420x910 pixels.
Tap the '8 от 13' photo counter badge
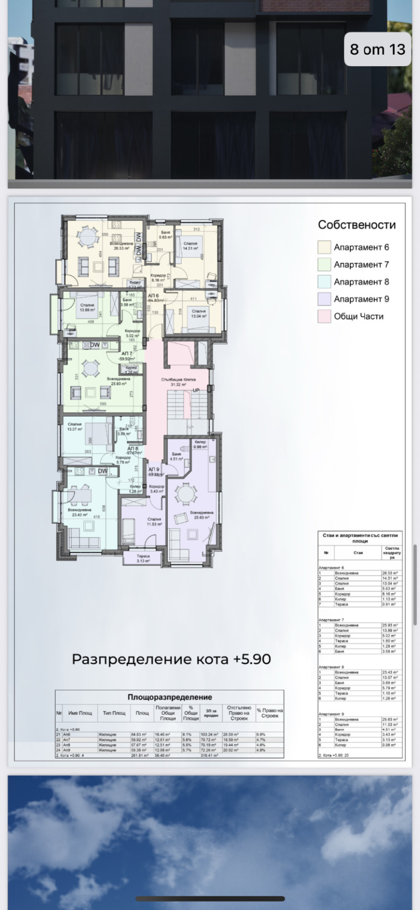click(377, 49)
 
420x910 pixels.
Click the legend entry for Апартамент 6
click(361, 247)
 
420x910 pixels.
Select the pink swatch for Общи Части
click(324, 316)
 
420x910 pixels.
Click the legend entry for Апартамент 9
click(361, 299)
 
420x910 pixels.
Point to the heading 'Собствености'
click(356, 225)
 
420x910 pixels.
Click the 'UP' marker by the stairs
click(196, 390)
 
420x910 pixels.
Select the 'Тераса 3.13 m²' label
click(143, 558)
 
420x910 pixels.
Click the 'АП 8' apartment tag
click(133, 449)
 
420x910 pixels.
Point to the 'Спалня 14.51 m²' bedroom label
click(190, 246)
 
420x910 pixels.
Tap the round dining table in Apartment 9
click(185, 494)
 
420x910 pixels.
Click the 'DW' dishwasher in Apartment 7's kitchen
click(94, 345)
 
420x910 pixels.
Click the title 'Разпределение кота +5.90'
click(171, 659)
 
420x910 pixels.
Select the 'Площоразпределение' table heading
click(170, 697)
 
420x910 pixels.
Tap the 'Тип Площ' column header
click(114, 713)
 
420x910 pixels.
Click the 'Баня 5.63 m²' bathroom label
click(165, 235)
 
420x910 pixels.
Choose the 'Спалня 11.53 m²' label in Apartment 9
click(154, 521)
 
